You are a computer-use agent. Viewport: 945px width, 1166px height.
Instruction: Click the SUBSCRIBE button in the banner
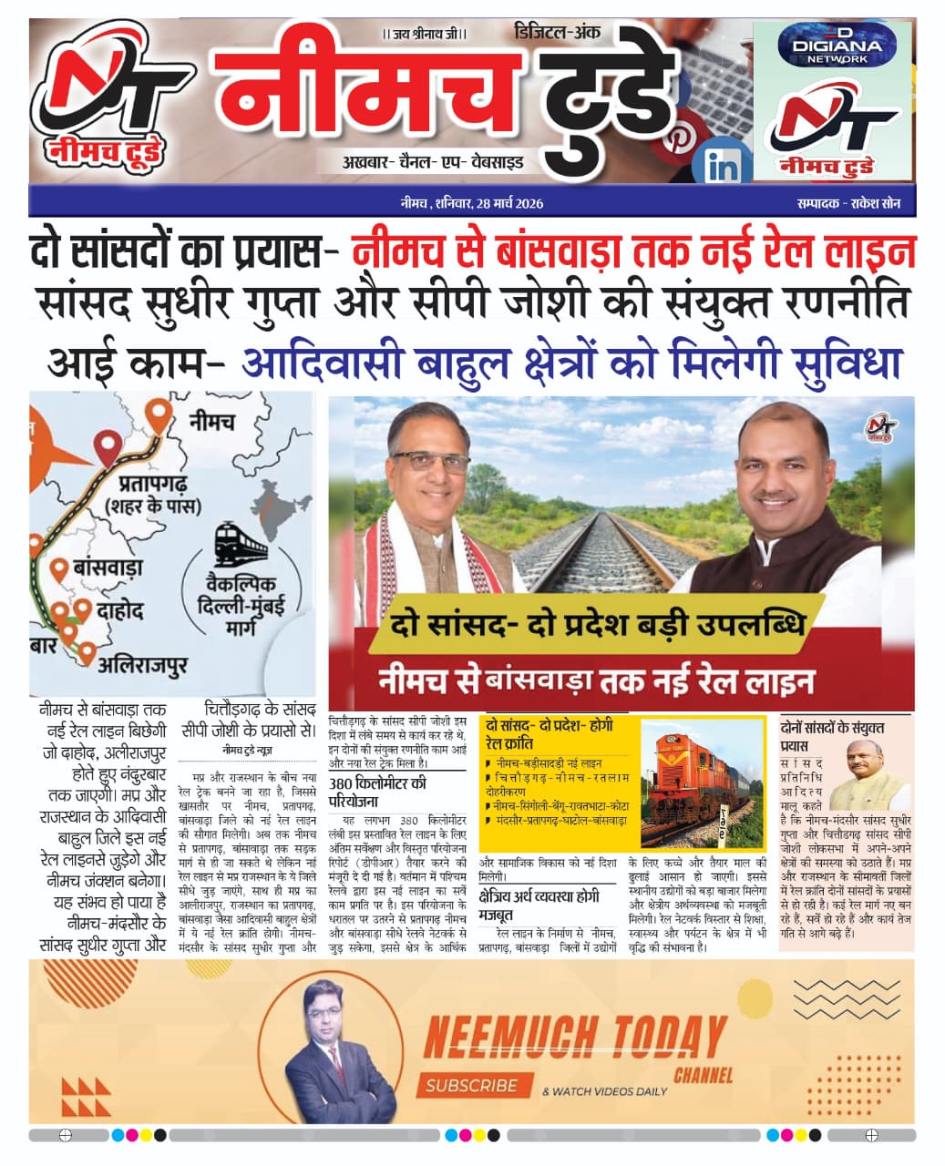(x=472, y=1085)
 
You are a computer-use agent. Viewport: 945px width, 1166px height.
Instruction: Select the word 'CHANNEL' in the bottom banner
(x=703, y=1075)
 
